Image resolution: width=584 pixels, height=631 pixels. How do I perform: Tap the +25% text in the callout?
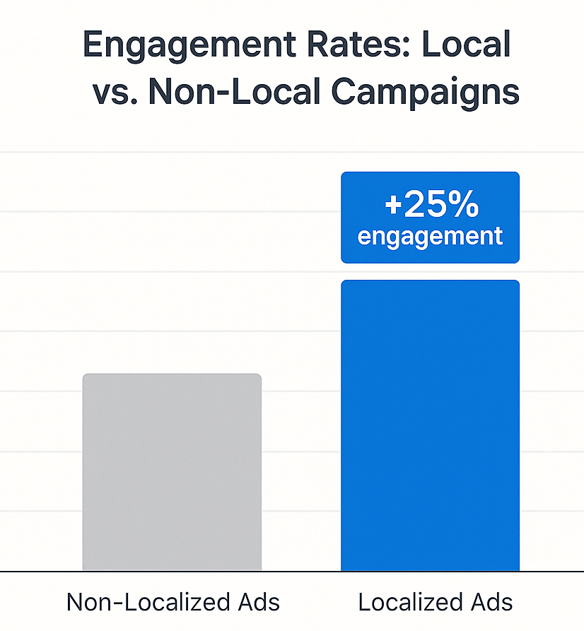click(x=431, y=206)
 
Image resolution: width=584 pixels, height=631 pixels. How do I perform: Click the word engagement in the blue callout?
click(x=430, y=236)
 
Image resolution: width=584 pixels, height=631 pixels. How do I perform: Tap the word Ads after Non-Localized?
click(x=259, y=602)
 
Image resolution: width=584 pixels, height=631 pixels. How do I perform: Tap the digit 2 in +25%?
click(x=415, y=206)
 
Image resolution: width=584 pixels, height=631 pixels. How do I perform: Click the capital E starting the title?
click(x=93, y=45)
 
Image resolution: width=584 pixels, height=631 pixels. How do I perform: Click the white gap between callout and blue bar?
click(x=430, y=271)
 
